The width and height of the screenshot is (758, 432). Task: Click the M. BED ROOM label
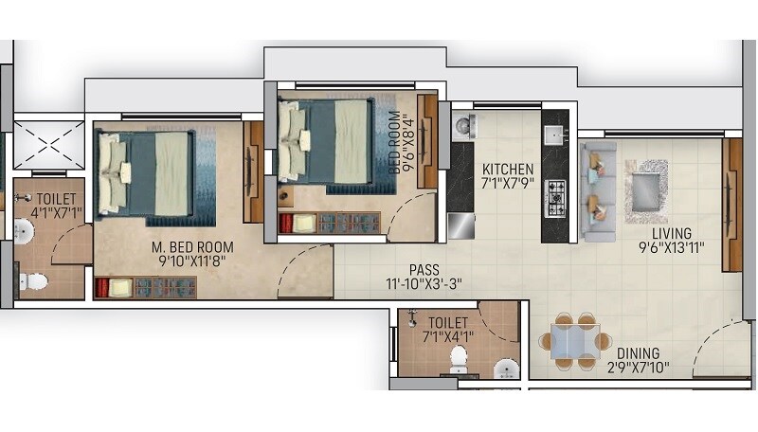[193, 248]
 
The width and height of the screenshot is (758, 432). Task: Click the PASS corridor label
[424, 269]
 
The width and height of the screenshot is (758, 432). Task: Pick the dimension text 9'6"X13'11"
[670, 249]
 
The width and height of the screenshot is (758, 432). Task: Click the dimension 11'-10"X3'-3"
[424, 284]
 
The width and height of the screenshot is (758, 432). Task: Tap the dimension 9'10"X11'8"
[193, 263]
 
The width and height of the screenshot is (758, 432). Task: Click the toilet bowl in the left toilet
[31, 280]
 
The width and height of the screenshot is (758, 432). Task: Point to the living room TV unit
[731, 205]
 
